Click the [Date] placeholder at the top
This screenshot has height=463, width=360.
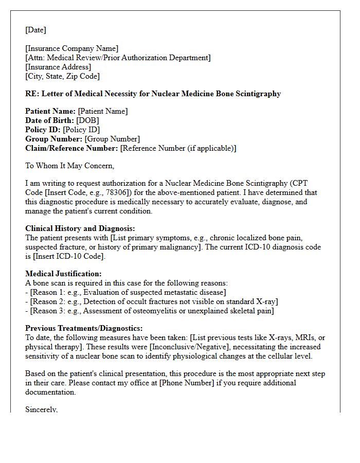pos(35,30)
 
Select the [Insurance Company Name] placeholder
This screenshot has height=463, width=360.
pos(72,49)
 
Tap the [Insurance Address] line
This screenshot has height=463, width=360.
pos(58,67)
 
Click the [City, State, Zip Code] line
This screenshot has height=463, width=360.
pos(62,76)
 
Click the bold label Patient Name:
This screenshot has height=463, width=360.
pos(50,111)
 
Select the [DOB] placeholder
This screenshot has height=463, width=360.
pos(88,120)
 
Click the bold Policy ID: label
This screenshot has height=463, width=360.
pos(43,130)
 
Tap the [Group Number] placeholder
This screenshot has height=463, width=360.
pos(112,139)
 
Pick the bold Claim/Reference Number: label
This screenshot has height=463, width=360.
pos(71,148)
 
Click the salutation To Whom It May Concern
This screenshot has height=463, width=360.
pos(69,166)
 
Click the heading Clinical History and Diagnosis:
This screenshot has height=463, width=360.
pos(80,228)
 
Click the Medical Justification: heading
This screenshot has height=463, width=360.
pos(63,274)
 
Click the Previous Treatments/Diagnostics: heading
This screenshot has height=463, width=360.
pos(84,328)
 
